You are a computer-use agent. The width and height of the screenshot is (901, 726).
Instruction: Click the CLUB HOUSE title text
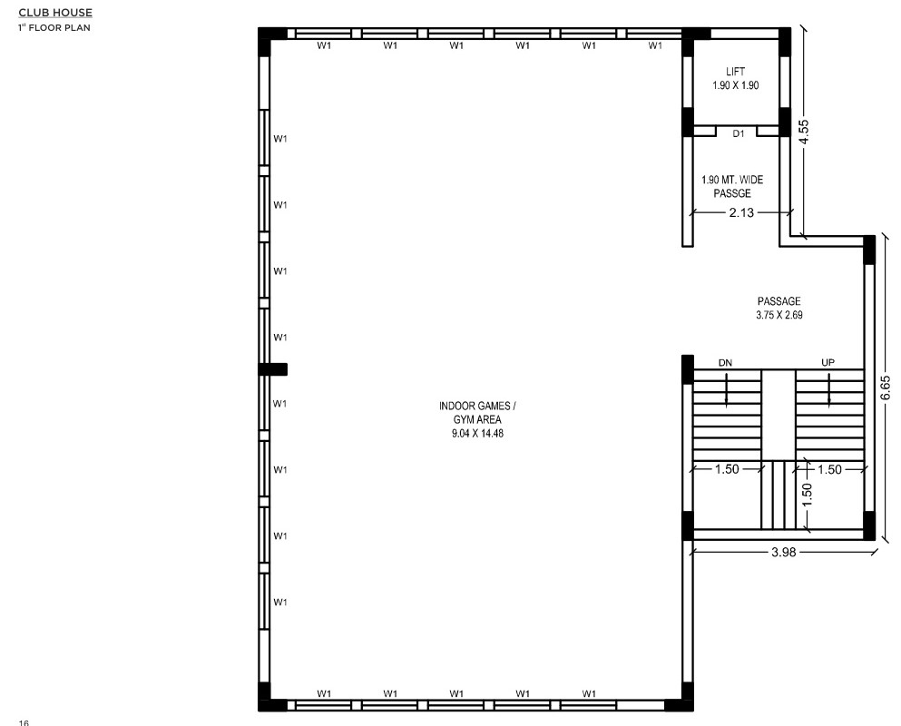(x=55, y=13)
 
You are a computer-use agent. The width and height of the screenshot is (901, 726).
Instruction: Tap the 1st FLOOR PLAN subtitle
(x=54, y=27)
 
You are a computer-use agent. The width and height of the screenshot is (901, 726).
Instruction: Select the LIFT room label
(x=736, y=72)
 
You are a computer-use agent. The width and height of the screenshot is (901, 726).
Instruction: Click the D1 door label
(x=739, y=133)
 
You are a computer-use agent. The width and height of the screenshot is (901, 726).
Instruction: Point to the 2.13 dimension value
(x=741, y=212)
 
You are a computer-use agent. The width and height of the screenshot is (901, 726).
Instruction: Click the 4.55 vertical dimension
(x=804, y=132)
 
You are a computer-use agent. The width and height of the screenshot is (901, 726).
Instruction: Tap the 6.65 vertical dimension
(x=885, y=388)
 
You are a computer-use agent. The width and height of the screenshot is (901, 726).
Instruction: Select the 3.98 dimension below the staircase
(x=784, y=552)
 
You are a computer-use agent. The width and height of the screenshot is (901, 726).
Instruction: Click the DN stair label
(x=725, y=363)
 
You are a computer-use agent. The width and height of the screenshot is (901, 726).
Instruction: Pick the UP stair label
(x=828, y=362)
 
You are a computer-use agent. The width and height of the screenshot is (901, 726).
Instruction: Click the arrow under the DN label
(x=726, y=390)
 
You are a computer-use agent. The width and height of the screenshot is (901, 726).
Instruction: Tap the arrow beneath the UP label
(x=829, y=390)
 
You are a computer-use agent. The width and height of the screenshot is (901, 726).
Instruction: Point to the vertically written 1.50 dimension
(x=807, y=495)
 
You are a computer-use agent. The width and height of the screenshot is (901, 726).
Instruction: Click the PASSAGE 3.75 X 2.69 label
(x=779, y=308)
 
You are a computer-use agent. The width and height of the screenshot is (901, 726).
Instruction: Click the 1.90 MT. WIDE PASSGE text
(x=732, y=186)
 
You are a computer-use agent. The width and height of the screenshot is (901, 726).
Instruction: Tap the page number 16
(x=23, y=722)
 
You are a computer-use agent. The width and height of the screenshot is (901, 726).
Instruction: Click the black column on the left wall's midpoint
(x=273, y=369)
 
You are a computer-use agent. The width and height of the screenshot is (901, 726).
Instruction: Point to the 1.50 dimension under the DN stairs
(x=727, y=469)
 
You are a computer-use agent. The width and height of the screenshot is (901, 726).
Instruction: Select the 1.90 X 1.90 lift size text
(x=736, y=85)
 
